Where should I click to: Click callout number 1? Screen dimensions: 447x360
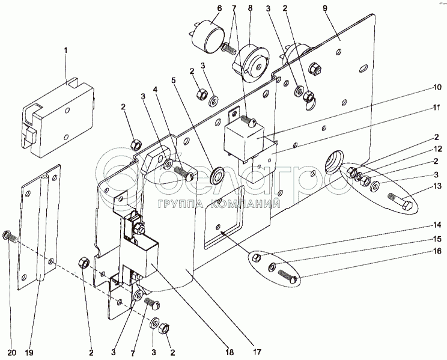[x=66, y=50]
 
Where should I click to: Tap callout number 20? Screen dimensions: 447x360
[x=11, y=353]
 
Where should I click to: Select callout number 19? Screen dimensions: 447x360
[x=29, y=353]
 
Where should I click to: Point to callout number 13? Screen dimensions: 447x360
[x=437, y=186]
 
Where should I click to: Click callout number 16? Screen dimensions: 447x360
[x=437, y=251]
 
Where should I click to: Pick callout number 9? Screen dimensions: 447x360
[x=325, y=8]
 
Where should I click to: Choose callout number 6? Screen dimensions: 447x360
[x=219, y=8]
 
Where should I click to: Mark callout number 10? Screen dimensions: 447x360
[x=437, y=87]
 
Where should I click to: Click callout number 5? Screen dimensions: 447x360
[x=174, y=80]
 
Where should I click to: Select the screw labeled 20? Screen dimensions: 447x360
[x=10, y=236]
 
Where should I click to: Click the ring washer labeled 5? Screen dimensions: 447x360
[x=218, y=174]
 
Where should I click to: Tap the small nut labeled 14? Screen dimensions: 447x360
[x=257, y=258]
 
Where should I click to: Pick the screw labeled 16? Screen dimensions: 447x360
[x=287, y=276]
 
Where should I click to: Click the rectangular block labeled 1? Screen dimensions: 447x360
[x=58, y=117]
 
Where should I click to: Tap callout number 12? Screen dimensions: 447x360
[x=437, y=149]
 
